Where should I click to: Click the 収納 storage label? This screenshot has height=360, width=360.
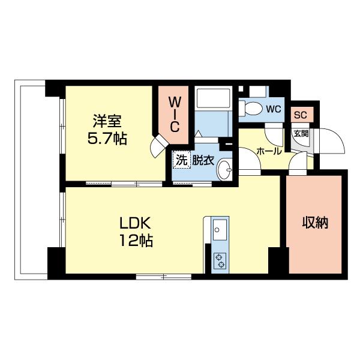(314, 223)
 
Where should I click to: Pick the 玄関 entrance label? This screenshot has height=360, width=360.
(301, 134)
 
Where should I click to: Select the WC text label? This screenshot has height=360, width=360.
(274, 109)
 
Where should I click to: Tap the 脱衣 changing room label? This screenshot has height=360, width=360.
(203, 160)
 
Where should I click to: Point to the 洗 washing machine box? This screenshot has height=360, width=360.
(181, 160)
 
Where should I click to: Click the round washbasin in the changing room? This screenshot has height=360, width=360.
(226, 169)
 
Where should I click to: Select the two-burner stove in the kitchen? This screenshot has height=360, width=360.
(220, 260)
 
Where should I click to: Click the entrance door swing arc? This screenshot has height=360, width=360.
(331, 143)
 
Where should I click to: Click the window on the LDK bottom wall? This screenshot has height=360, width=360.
(163, 276)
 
